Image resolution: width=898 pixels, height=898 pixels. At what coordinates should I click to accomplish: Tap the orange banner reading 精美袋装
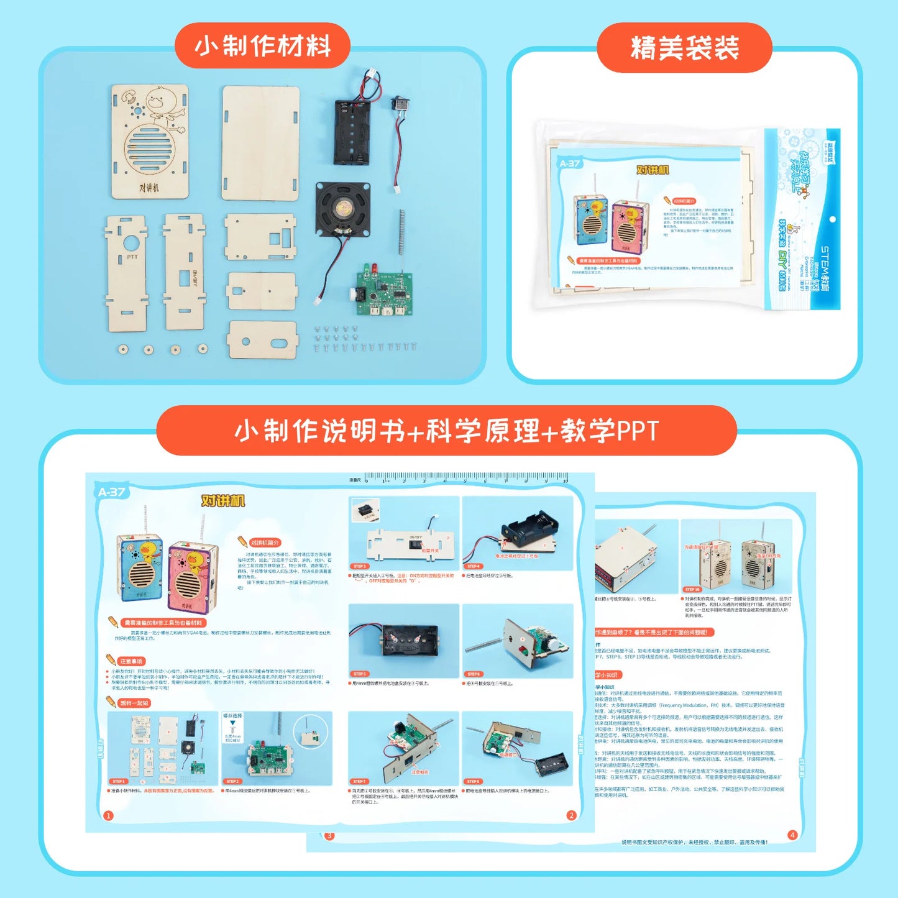tap(684, 48)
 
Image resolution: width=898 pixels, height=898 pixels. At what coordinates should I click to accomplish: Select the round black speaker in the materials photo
tap(342, 209)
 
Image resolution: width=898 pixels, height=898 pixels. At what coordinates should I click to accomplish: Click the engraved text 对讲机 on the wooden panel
tap(149, 187)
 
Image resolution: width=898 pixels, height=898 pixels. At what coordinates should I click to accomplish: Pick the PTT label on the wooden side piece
tap(132, 256)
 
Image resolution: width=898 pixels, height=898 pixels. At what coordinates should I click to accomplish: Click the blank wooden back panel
tap(260, 142)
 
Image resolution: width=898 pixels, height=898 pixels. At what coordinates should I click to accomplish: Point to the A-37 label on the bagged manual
tap(569, 164)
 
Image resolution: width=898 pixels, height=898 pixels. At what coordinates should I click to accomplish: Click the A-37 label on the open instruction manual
tap(112, 492)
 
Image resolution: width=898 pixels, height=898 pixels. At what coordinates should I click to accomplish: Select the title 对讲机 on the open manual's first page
tap(223, 501)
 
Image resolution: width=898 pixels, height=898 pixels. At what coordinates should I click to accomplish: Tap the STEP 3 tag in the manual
tap(359, 566)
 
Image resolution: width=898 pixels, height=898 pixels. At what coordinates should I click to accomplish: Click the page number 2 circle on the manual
tap(571, 815)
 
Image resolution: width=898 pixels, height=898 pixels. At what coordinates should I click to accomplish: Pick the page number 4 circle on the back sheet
tap(792, 835)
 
